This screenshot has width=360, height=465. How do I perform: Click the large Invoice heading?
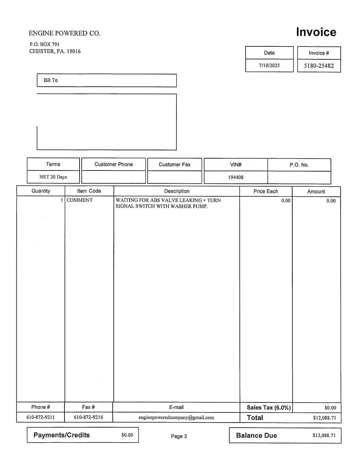point(316,32)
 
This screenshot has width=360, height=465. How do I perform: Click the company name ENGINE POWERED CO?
point(65,33)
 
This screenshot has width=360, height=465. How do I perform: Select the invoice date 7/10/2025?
point(269,65)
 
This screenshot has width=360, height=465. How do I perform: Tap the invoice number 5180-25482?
point(319,66)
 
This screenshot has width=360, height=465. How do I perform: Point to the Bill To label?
point(51,80)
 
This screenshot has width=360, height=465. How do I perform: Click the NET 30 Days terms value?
point(53,177)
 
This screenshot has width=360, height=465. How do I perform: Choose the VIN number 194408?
point(236,177)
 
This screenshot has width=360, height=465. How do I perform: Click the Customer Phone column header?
point(113,164)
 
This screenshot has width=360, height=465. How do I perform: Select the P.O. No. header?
point(299,165)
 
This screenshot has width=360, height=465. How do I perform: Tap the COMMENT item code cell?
point(80,200)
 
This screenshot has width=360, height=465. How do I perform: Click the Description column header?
point(177,191)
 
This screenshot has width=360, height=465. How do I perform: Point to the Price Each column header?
point(266,191)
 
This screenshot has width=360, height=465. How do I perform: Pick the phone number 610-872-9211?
point(41,417)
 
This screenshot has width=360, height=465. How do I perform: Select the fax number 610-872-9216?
point(89,417)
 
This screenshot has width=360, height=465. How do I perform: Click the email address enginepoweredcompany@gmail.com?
point(176,418)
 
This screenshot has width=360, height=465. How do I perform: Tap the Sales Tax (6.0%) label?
point(269,407)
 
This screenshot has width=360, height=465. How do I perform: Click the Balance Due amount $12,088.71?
point(324,436)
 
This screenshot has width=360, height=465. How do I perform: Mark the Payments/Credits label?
point(62,435)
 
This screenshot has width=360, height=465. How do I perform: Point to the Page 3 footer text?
point(179,436)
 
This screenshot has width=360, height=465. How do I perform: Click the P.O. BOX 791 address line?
point(45,44)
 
